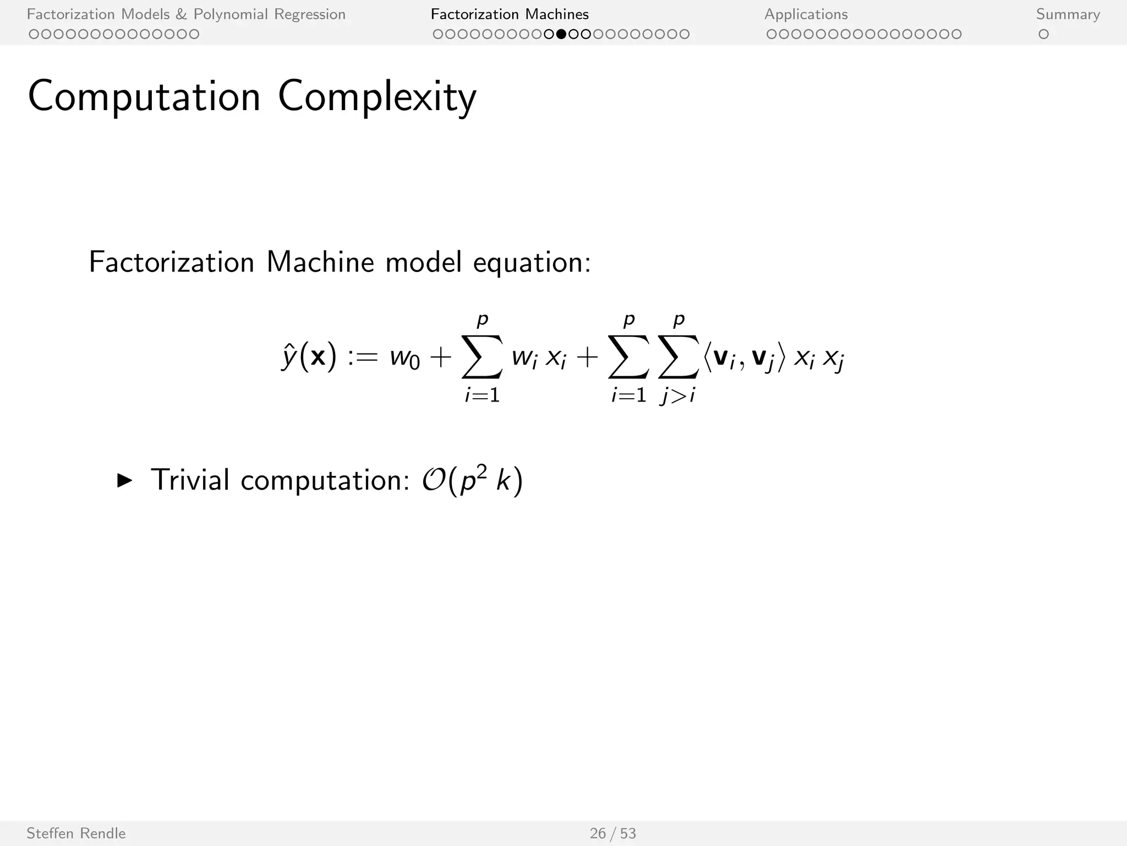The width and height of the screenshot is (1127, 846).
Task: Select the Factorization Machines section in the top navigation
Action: (510, 14)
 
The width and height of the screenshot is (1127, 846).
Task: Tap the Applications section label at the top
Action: (806, 14)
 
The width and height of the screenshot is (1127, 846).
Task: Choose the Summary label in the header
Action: (1068, 14)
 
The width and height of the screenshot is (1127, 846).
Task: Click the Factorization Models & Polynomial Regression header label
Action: (186, 14)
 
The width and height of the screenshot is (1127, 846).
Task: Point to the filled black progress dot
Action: (561, 34)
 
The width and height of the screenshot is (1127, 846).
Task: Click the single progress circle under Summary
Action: (1043, 34)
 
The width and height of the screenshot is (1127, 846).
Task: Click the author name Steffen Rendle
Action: (76, 833)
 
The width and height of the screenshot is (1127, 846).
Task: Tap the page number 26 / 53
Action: (612, 833)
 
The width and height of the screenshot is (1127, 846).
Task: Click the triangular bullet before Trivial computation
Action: (125, 480)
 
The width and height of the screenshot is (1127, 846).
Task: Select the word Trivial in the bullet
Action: (190, 480)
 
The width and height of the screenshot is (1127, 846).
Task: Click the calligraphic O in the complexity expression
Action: (434, 480)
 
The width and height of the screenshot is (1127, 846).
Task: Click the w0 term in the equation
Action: (404, 358)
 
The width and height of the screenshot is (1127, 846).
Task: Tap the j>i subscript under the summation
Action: (678, 395)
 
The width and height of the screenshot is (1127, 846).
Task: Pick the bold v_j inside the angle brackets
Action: (762, 358)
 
